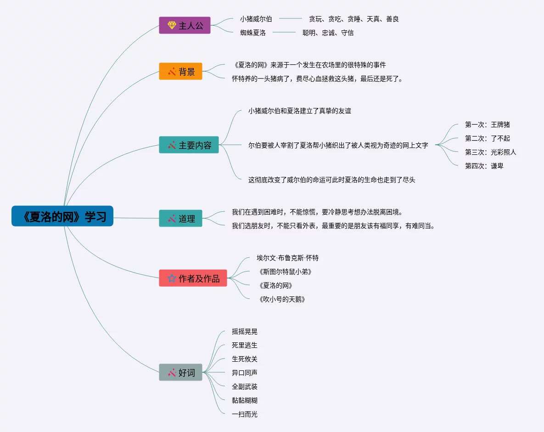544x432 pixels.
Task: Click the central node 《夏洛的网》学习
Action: [x=62, y=216]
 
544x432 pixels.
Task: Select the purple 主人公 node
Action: [x=185, y=26]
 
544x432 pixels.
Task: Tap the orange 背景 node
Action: [x=180, y=72]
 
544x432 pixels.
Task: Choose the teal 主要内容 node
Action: [x=189, y=145]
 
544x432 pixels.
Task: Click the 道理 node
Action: [x=180, y=219]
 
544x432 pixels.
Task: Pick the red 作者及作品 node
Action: [x=193, y=279]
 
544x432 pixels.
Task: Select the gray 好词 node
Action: [x=180, y=373]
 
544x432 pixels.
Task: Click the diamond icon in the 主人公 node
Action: [x=171, y=26]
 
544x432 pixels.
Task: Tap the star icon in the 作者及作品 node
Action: [x=171, y=279]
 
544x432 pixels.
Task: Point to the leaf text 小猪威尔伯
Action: [x=256, y=19]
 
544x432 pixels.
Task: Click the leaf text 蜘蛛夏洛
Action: [x=252, y=33]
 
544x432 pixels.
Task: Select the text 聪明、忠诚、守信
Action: [x=328, y=33]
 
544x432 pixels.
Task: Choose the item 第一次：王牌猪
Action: [x=487, y=125]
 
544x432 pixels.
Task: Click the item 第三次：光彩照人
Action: [x=490, y=152]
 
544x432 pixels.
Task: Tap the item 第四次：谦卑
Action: [x=484, y=166]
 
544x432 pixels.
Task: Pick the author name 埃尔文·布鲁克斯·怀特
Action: [x=287, y=258]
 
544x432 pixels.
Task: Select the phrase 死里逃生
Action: [x=245, y=345]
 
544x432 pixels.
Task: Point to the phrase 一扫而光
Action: [x=245, y=414]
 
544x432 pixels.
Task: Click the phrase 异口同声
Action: [x=245, y=373]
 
